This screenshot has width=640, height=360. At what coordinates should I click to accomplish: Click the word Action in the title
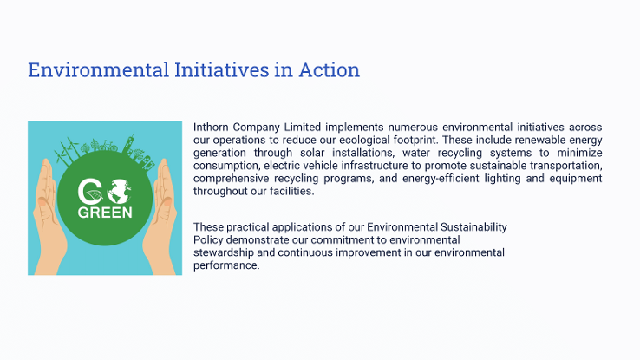click(x=329, y=69)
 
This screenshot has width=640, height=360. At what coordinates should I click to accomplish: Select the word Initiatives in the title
click(x=222, y=69)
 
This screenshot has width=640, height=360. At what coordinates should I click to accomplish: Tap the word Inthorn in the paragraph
click(x=211, y=127)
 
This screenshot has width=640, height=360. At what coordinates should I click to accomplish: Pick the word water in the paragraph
click(x=416, y=153)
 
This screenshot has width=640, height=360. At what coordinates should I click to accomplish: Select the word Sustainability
click(x=473, y=227)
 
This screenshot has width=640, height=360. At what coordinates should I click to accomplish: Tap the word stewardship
click(x=224, y=252)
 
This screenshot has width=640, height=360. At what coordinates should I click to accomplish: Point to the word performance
click(x=226, y=265)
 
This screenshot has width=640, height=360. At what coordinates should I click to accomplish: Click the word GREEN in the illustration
click(x=105, y=213)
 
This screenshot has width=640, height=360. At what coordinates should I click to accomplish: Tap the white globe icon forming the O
click(x=119, y=191)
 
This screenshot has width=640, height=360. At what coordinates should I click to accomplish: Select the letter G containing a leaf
click(x=90, y=191)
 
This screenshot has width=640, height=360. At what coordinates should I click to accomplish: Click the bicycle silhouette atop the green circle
click(x=108, y=146)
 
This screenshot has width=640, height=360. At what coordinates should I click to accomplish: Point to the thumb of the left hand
click(x=42, y=201)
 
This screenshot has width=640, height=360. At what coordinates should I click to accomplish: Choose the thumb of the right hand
click(x=167, y=201)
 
